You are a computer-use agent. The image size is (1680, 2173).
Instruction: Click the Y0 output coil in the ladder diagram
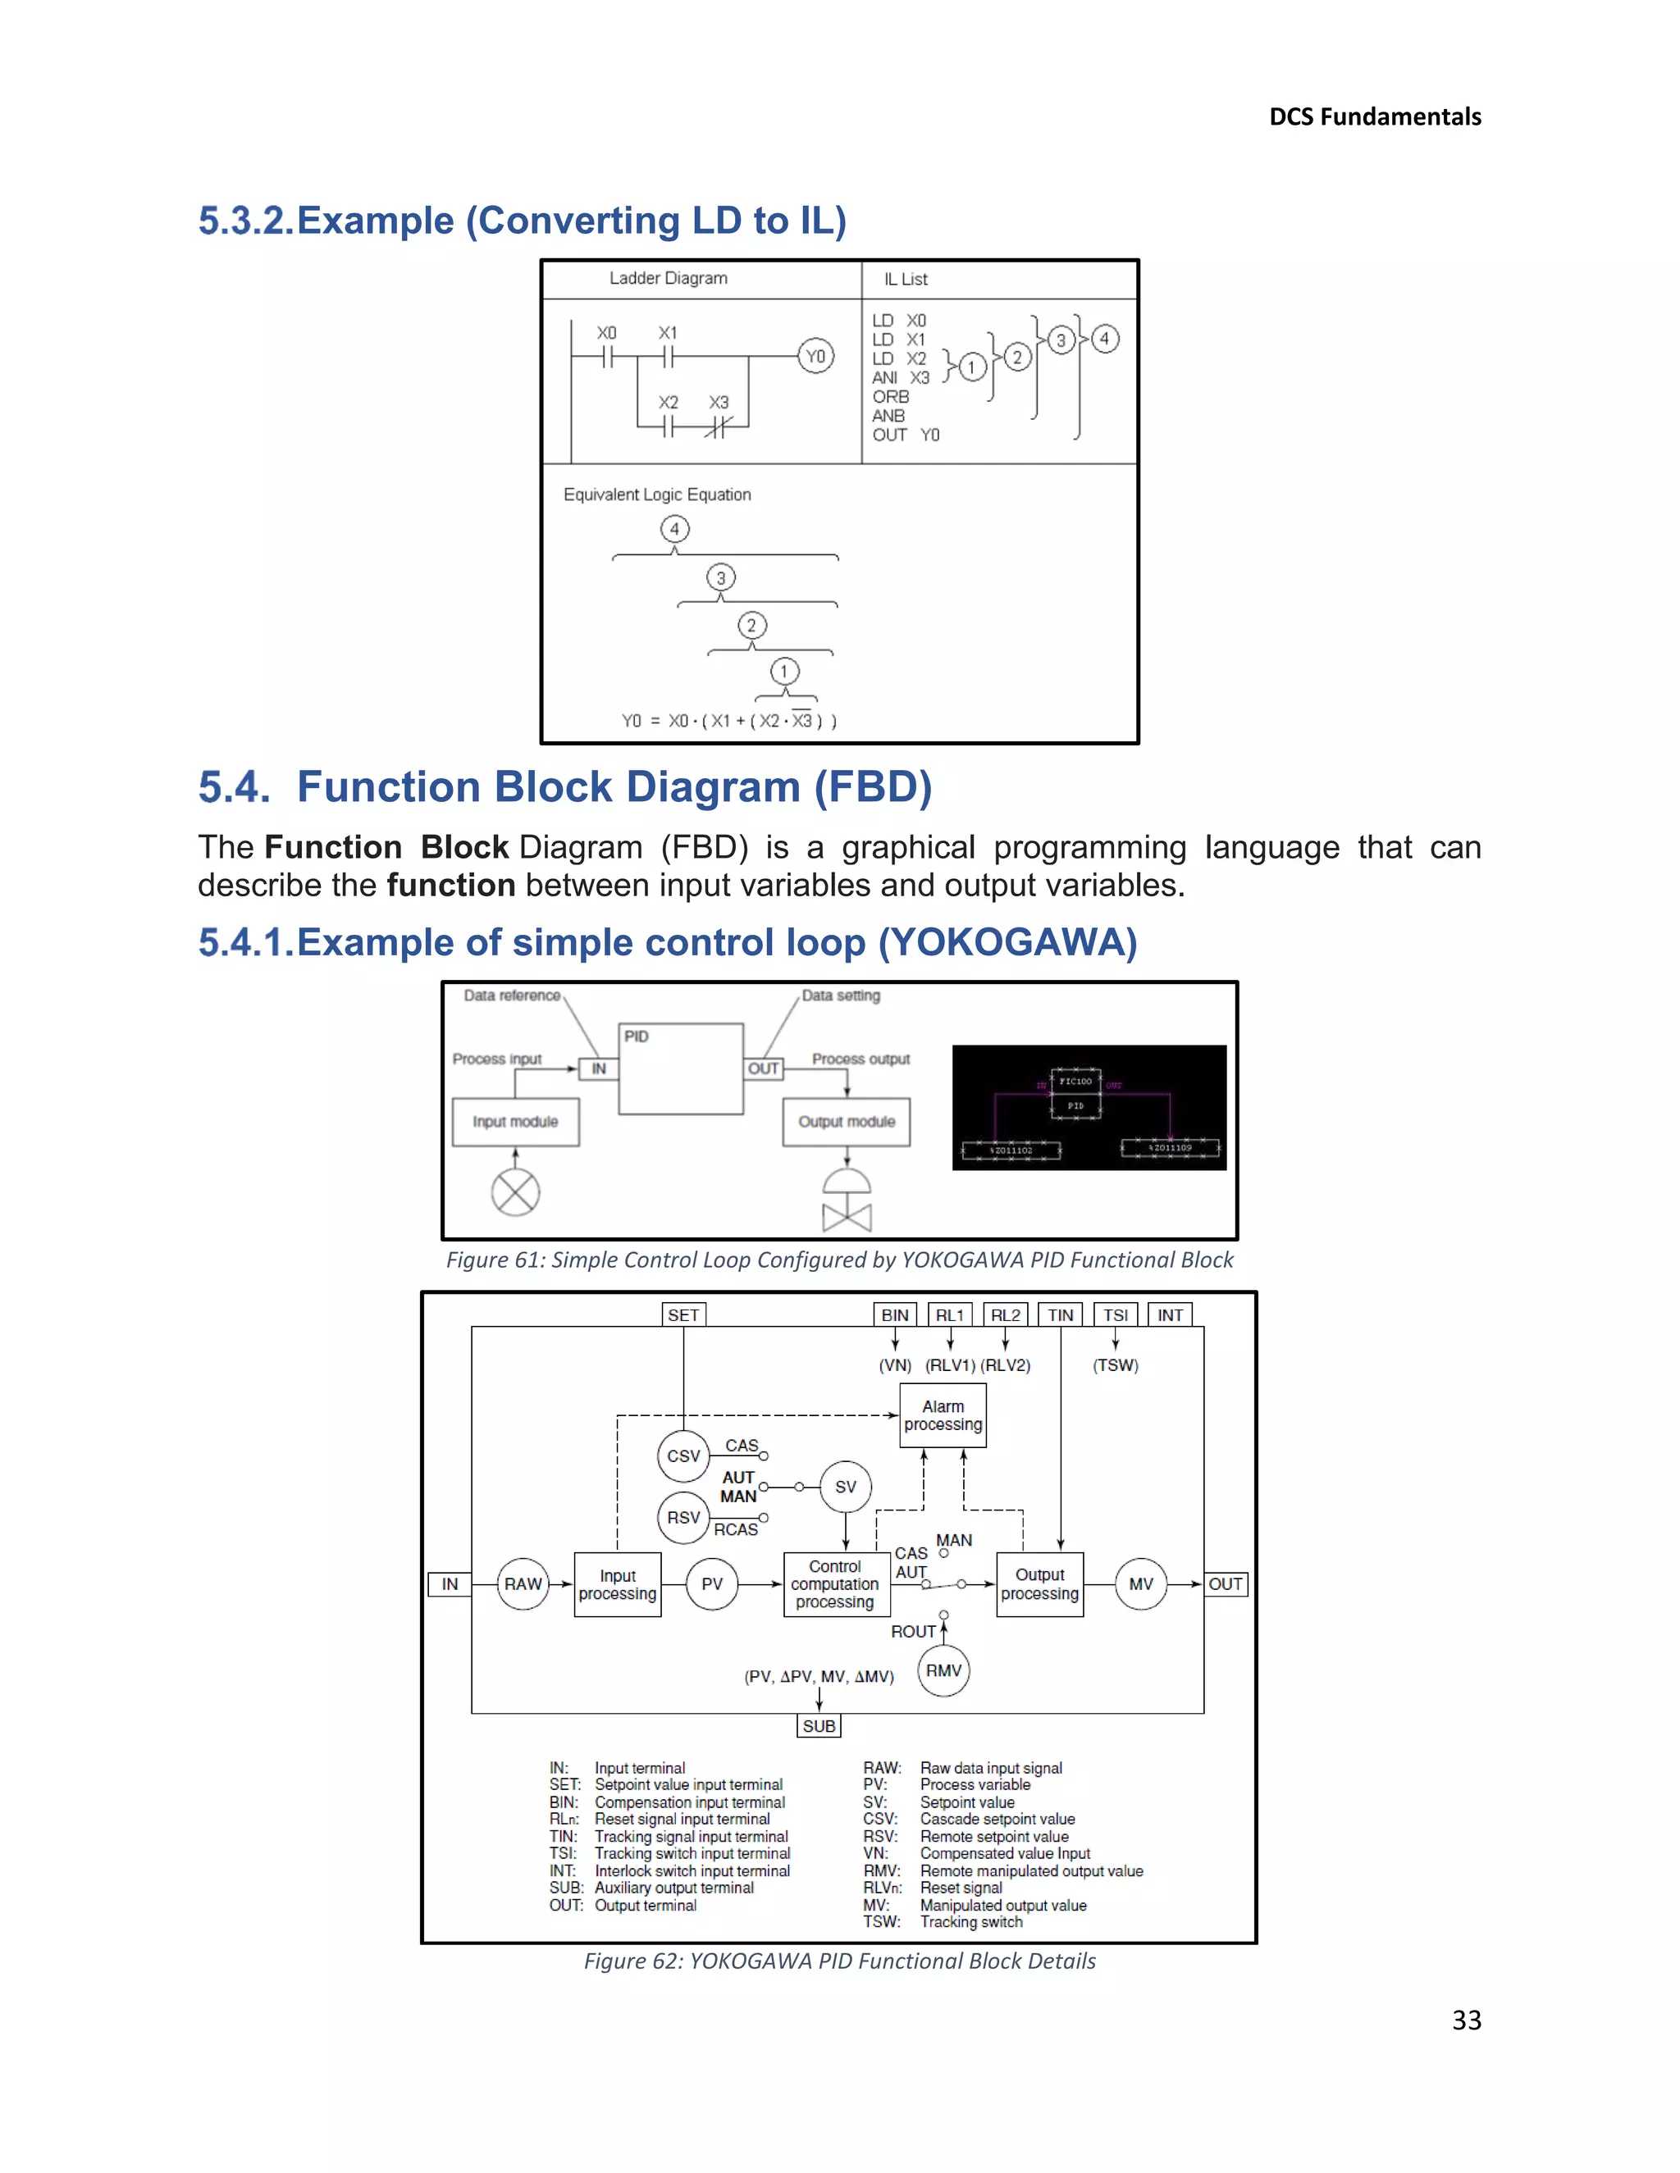815,356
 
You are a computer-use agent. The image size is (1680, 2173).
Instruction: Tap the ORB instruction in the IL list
891,397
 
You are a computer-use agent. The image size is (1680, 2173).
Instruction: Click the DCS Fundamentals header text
1375,117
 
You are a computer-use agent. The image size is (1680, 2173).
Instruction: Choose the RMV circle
943,1670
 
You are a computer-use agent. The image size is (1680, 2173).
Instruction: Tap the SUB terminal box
819,1726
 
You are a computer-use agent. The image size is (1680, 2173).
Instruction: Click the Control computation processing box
834,1584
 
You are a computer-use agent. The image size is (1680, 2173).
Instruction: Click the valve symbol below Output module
847,1204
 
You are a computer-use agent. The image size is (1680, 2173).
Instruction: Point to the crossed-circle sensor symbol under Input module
515,1192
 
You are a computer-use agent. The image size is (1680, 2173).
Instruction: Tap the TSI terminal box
1115,1315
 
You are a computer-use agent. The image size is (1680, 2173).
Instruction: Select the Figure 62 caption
839,1961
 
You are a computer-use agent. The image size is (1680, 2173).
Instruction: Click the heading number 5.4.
234,787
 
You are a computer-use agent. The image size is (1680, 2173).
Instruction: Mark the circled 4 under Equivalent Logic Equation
675,530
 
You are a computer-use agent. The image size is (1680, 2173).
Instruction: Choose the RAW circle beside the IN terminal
523,1584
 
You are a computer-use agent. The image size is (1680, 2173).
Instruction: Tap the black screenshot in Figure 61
1089,1107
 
